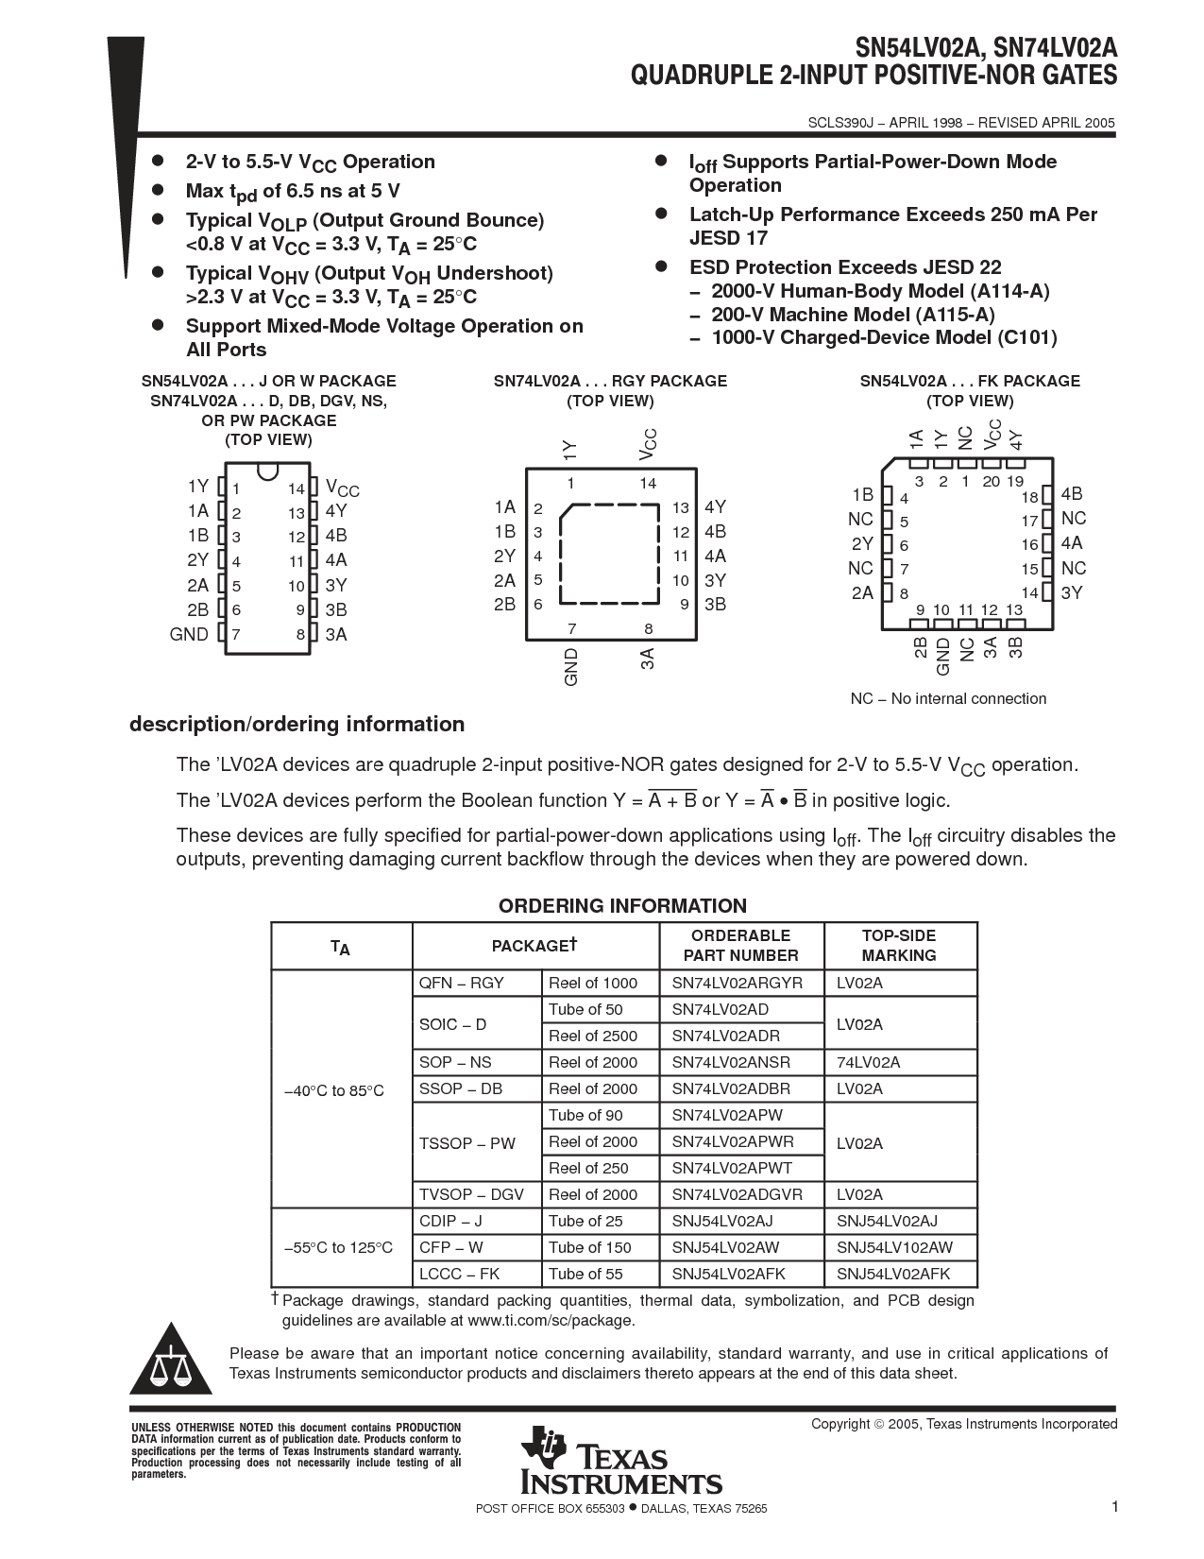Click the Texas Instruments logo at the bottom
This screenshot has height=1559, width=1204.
coord(620,1461)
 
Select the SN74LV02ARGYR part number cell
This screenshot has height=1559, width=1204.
coord(737,983)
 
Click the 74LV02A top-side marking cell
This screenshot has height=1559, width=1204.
coord(868,1062)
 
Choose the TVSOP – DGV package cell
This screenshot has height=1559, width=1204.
coord(470,1194)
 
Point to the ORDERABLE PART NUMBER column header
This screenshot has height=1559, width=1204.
coord(740,945)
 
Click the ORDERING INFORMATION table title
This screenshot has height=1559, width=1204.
coord(622,906)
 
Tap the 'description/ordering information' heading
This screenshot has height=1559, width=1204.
coord(297,725)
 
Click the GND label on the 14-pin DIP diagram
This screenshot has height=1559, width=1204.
coord(189,634)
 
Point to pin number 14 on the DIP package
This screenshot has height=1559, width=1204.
coord(297,488)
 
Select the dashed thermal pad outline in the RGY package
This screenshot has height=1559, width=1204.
coord(610,554)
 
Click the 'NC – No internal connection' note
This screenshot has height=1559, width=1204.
coord(948,699)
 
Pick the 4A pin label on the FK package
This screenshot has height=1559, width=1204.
coord(1072,543)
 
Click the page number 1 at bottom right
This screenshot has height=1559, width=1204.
coord(1114,1507)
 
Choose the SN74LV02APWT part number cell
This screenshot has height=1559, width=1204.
coord(732,1168)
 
